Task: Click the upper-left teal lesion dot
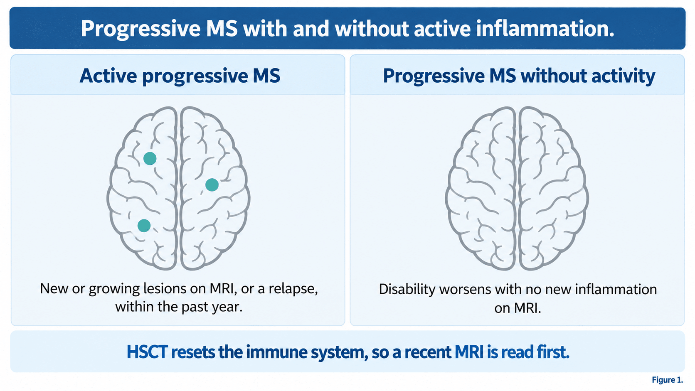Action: [x=150, y=158]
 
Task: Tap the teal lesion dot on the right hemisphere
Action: [x=212, y=185]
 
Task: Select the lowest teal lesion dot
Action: [x=144, y=226]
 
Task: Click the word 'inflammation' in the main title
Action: [x=543, y=29]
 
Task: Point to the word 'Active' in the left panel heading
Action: [x=108, y=76]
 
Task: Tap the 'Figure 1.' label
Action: [x=668, y=380]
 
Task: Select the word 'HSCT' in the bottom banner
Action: [x=147, y=352]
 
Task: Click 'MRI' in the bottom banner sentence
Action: [x=469, y=352]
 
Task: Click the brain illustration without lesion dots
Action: [x=517, y=188]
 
